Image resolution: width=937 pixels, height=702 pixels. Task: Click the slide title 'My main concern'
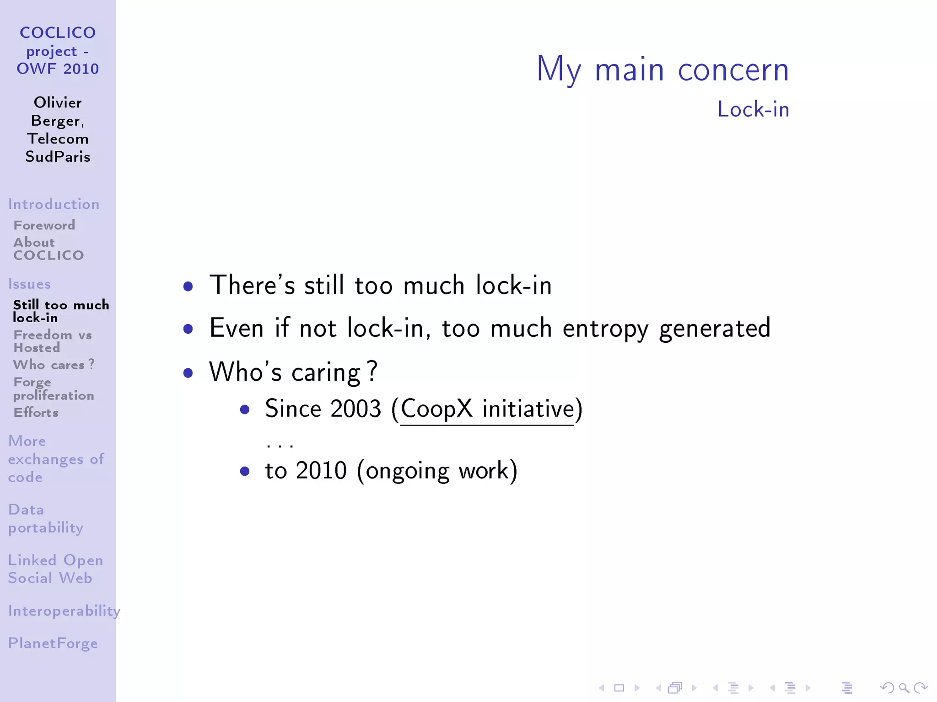(662, 69)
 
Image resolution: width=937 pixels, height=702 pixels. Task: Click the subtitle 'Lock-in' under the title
(753, 110)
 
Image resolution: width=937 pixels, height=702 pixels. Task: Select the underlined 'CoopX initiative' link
(487, 409)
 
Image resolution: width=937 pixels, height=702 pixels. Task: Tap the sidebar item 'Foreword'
(44, 225)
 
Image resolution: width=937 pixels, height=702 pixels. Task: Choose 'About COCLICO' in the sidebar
(48, 249)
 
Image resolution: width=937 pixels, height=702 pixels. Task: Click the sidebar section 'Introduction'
(54, 204)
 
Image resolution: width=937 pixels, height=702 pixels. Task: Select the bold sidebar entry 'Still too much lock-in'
(61, 311)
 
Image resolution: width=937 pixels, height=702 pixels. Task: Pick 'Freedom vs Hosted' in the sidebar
(53, 341)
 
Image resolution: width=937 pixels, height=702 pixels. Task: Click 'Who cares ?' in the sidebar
(54, 365)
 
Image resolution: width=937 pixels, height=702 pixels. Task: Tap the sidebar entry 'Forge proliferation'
(54, 388)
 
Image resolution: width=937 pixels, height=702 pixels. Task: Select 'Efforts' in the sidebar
(36, 413)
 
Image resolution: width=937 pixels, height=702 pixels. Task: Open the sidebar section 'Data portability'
(46, 518)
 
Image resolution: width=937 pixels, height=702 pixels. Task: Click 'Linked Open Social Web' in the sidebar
(55, 569)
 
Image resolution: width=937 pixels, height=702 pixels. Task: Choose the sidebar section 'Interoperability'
(64, 611)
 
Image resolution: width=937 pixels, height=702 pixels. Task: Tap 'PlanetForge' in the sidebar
(53, 643)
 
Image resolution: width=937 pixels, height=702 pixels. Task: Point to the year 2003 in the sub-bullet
(355, 409)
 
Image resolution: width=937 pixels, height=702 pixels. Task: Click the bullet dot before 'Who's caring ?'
(188, 372)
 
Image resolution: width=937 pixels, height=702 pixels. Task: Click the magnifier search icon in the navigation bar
(904, 688)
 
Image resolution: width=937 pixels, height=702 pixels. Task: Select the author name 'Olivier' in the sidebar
(58, 102)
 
